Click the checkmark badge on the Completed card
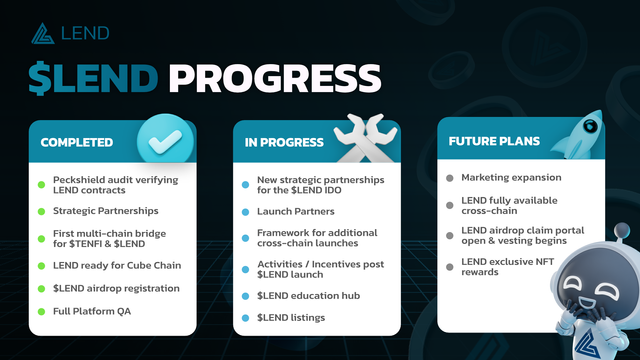(164, 142)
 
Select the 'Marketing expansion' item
(511, 177)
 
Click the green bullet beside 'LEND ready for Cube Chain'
(42, 265)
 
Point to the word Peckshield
(80, 177)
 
